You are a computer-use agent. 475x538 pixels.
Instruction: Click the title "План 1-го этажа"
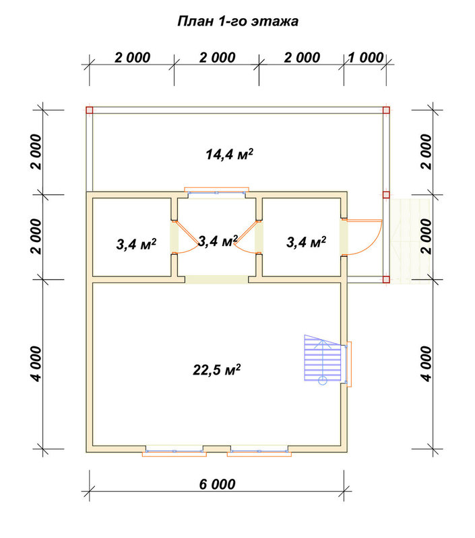pos(238,22)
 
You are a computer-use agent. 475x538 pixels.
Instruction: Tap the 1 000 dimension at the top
pos(366,58)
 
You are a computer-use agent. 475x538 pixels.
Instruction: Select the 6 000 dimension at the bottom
pos(217,484)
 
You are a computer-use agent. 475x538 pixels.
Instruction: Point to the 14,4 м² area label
pos(229,154)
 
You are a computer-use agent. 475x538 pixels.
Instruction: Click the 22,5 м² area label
pos(216,370)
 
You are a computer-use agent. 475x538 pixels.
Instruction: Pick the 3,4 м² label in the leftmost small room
pos(136,244)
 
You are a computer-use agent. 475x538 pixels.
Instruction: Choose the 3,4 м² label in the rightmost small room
pos(307,242)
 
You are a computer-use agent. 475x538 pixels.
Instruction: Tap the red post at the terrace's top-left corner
pos(90,110)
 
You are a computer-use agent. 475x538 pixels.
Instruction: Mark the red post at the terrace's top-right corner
pos(386,110)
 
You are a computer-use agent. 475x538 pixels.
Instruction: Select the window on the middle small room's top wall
pos(216,192)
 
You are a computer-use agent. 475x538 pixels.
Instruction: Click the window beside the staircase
pos(348,364)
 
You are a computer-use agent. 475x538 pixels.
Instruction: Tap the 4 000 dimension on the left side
pos(36,364)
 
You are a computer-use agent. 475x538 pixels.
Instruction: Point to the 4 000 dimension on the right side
pos(426,364)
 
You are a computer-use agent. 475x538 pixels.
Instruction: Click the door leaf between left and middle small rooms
pos(187,233)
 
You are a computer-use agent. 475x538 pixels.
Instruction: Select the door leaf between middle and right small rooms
pos(246,233)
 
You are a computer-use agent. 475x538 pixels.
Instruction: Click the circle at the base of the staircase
pos(323,381)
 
